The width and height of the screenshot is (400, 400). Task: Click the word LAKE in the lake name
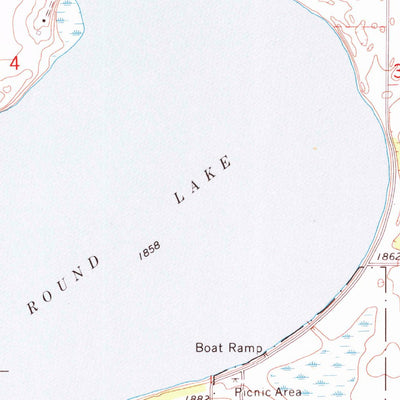pyautogui.click(x=204, y=180)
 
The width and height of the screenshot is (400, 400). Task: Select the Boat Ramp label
pyautogui.click(x=228, y=349)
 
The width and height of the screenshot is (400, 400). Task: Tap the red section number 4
pyautogui.click(x=14, y=63)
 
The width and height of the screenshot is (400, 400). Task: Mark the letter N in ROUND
pyautogui.click(x=80, y=274)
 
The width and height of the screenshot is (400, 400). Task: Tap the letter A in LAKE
pyautogui.click(x=196, y=186)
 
